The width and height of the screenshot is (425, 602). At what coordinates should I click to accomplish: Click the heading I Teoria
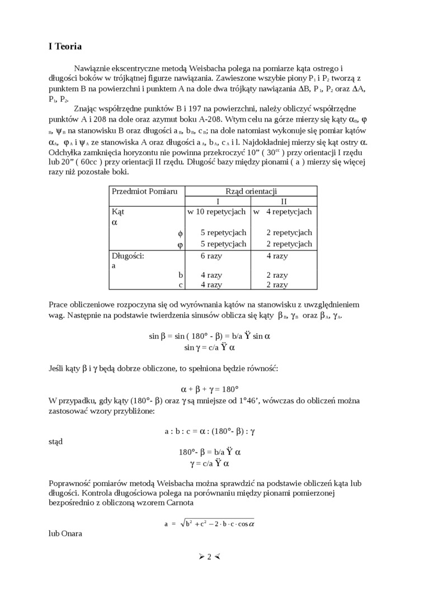pos(65,46)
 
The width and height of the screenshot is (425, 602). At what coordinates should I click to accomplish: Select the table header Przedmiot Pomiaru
pos(144,191)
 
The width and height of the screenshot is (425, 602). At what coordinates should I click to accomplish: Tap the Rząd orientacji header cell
pos(251,191)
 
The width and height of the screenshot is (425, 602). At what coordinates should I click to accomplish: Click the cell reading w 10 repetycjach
pos(216,212)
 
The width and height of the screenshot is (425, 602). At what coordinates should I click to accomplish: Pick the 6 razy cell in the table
pos(211,255)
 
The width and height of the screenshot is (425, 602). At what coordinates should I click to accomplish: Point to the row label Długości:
pos(128,255)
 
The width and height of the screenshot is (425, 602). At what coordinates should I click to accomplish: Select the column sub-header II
pos(284,201)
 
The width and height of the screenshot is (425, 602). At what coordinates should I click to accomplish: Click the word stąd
pos(56,441)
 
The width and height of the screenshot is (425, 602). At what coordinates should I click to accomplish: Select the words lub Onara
pos(65,534)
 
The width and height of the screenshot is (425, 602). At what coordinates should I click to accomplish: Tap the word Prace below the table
pos(59,304)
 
